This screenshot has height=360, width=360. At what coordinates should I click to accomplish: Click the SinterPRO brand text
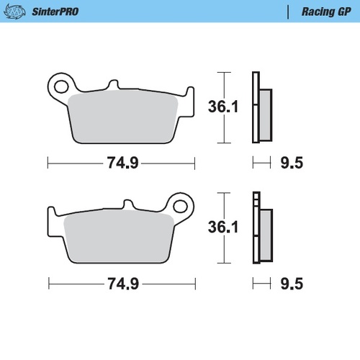tap(55, 12)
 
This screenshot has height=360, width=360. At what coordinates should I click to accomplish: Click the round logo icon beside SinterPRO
tap(17, 12)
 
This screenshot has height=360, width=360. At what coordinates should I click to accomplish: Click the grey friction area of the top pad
tap(122, 115)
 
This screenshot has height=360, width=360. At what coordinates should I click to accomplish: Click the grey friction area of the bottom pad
tap(119, 238)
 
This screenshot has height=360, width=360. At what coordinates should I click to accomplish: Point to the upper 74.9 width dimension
tap(122, 163)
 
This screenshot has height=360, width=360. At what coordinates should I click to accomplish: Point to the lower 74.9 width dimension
tap(122, 284)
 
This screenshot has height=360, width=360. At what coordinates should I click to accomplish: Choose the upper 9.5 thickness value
tap(292, 163)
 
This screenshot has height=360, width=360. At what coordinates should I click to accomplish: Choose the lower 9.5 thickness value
tap(292, 284)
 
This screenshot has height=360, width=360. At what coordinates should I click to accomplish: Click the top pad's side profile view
tap(261, 108)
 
